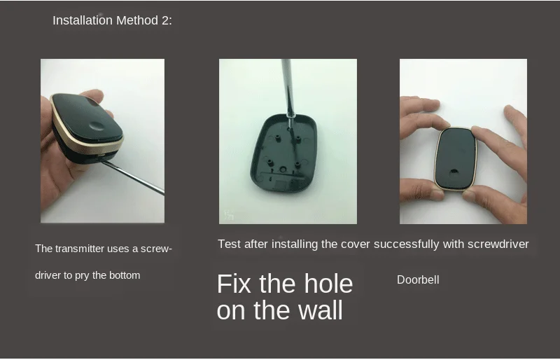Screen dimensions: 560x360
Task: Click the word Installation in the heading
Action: click(x=83, y=20)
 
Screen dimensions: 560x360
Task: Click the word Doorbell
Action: click(x=418, y=279)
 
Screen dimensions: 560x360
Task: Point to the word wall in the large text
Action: click(x=321, y=310)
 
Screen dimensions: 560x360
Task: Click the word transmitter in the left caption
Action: click(x=80, y=249)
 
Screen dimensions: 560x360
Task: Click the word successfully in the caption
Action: click(x=407, y=244)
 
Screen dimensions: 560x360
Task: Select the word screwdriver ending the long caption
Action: click(x=498, y=244)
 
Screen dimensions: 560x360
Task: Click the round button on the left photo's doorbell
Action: click(x=97, y=125)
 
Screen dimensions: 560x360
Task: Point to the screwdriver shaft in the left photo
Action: click(x=133, y=177)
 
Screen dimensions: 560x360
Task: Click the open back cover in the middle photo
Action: click(x=283, y=153)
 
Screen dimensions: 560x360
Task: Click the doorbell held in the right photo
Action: click(x=456, y=158)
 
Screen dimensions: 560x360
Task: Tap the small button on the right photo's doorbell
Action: click(x=454, y=171)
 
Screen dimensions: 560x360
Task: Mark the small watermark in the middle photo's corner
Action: click(x=229, y=215)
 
